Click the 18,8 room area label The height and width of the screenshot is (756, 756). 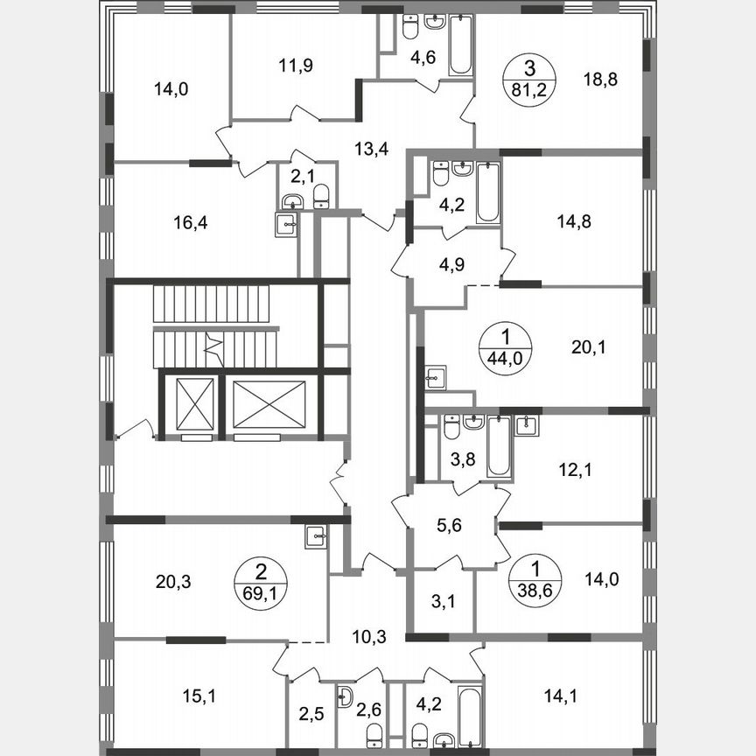pyautogui.click(x=600, y=80)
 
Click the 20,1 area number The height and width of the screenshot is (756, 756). pyautogui.click(x=588, y=347)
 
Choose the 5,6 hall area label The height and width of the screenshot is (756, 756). pyautogui.click(x=449, y=526)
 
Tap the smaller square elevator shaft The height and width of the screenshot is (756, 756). pyautogui.click(x=193, y=402)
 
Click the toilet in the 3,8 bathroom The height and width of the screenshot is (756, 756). pyautogui.click(x=451, y=429)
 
